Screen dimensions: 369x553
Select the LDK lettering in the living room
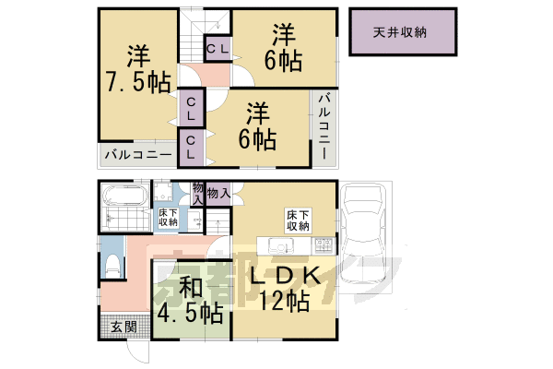(286, 276)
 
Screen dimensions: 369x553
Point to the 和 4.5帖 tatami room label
(188, 299)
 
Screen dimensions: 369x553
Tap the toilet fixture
(112, 267)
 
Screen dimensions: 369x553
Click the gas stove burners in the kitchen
(324, 246)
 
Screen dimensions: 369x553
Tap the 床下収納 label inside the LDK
(297, 220)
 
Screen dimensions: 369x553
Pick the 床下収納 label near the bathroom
(168, 217)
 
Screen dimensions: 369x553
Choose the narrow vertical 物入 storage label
(197, 195)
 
